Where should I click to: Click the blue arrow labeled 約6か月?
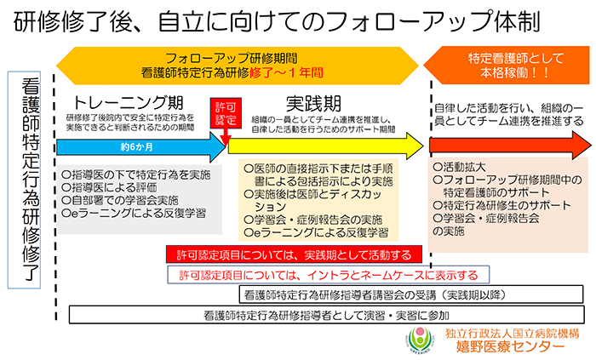point(136,146)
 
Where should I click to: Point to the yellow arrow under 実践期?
point(324,146)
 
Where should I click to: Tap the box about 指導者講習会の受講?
point(409,295)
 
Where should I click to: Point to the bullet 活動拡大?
point(461,168)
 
